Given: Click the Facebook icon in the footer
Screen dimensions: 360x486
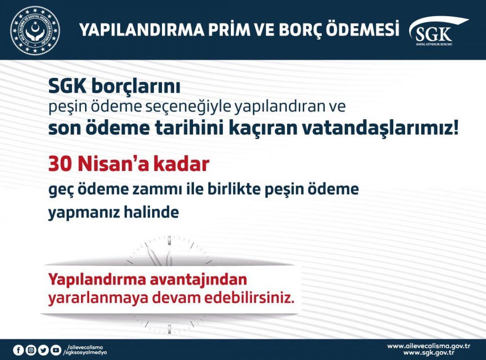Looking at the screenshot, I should (19, 350).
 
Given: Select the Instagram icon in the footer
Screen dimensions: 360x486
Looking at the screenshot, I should (31, 350).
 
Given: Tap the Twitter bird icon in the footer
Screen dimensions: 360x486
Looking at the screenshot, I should (43, 350).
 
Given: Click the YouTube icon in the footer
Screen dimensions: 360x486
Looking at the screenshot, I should (55, 350).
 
